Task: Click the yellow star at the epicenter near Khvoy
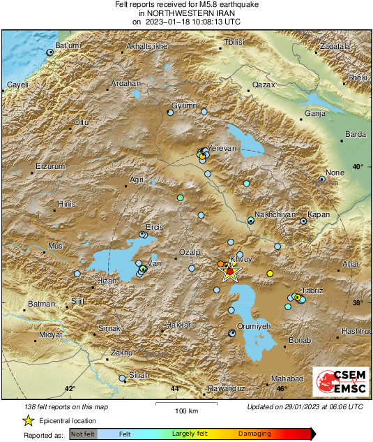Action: click(231, 272)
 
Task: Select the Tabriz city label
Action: click(310, 290)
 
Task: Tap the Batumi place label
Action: click(68, 45)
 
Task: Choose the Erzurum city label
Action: click(50, 167)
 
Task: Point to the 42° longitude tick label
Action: click(70, 389)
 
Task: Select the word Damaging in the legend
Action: click(254, 434)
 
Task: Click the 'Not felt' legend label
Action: click(83, 434)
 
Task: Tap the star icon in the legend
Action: click(28, 420)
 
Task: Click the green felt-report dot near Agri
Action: click(180, 198)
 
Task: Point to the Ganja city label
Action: click(316, 113)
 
